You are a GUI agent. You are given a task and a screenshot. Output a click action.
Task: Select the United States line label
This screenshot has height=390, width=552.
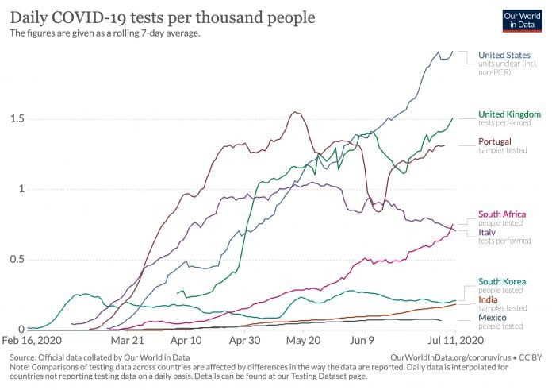tap(501, 55)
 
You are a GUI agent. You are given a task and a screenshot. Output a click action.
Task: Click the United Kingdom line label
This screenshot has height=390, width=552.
tap(509, 114)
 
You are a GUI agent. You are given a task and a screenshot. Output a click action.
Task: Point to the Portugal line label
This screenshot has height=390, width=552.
tap(494, 141)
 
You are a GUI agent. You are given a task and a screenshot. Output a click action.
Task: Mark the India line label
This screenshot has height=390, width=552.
tap(489, 299)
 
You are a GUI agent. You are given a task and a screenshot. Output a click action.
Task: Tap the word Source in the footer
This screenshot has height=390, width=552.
tap(25, 359)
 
